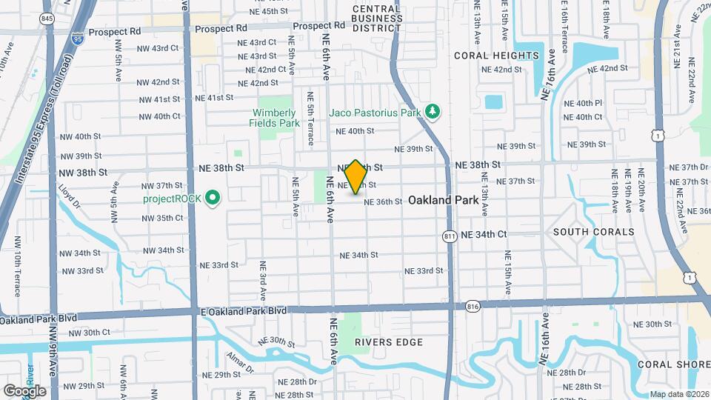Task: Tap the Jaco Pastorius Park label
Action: point(375,112)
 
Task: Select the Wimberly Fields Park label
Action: point(274,118)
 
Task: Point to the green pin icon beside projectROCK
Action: point(213,198)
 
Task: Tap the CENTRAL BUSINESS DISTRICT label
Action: point(376,19)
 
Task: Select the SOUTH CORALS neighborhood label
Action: point(594,232)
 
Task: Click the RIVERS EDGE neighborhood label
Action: point(388,342)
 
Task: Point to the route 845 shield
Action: point(47,19)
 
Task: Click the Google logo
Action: point(24,391)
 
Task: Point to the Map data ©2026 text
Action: point(679,394)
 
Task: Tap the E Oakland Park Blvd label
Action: point(243,311)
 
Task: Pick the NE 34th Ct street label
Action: point(484,234)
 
